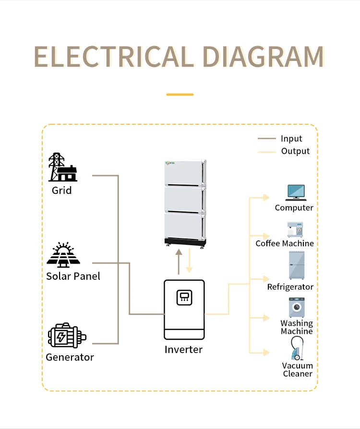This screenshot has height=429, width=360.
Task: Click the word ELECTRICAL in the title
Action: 114,57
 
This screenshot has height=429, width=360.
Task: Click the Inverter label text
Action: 183,349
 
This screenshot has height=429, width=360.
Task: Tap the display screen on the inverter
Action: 184,298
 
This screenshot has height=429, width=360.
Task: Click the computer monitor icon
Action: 295,192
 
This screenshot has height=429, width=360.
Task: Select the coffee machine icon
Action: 294,229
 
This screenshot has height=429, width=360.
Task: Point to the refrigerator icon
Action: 295,265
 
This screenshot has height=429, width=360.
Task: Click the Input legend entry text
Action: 291,139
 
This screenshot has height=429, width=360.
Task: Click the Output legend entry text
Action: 295,151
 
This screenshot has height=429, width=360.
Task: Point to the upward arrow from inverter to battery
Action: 179,262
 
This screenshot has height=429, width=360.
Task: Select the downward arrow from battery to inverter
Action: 190,262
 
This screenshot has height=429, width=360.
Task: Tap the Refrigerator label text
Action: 290,287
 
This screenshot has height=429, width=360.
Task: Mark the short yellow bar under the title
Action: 180,95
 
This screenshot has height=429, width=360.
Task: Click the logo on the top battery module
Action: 171,163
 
